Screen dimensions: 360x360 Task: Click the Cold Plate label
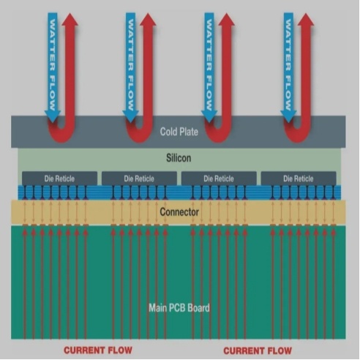179,132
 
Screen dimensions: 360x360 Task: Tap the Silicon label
179,158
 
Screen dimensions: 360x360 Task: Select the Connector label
179,212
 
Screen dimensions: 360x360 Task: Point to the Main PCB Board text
179,308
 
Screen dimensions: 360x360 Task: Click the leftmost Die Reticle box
59,179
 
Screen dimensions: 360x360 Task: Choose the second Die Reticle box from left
139,179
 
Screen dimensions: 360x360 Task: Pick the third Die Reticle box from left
219,179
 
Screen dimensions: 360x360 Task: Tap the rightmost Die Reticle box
299,179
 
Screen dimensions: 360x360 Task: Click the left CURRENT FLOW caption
98,350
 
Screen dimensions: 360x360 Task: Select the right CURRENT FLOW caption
258,350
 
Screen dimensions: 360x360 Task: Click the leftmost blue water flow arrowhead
53,116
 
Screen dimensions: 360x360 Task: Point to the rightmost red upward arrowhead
306,19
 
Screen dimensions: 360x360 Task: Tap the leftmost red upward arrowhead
70,19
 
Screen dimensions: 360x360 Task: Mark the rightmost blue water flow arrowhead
288,116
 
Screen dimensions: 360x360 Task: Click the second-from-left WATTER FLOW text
131,64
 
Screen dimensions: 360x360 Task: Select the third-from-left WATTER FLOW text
209,64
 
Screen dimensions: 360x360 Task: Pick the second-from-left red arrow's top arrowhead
148,19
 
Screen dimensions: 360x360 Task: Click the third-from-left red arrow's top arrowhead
226,19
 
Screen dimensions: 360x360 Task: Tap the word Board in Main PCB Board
198,308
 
